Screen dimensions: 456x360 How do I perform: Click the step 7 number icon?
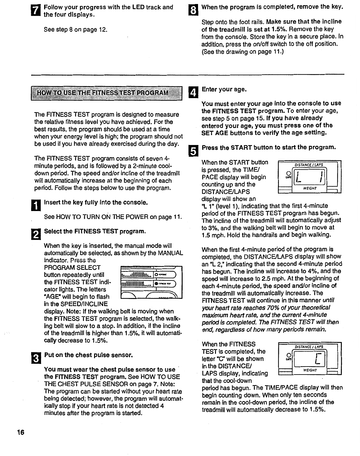(x=36, y=11)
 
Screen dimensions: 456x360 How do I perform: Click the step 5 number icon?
(x=192, y=151)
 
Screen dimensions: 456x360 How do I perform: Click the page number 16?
(x=21, y=432)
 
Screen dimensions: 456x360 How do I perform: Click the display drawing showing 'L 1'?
(x=309, y=177)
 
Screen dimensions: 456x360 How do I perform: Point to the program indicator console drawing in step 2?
(x=151, y=282)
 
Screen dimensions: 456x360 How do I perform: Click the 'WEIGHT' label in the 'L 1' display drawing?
(x=310, y=188)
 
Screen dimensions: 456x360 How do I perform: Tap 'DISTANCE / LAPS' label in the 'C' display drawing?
(x=309, y=347)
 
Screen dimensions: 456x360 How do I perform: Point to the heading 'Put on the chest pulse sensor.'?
(x=89, y=355)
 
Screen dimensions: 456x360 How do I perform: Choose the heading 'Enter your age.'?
(x=224, y=89)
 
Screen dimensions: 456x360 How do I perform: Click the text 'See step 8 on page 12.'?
(x=76, y=30)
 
